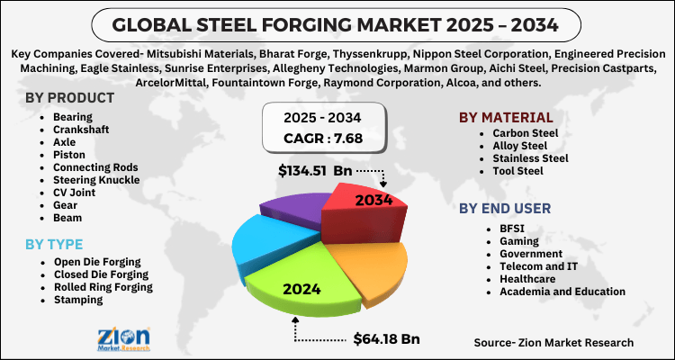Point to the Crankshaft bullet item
click(x=76, y=130)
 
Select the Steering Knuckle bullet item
click(x=96, y=180)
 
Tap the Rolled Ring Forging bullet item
click(x=102, y=287)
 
